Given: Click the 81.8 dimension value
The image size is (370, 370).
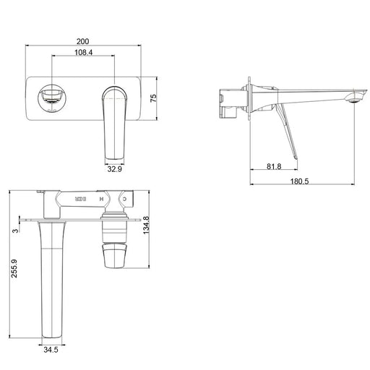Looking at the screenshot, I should pyautogui.click(x=274, y=167).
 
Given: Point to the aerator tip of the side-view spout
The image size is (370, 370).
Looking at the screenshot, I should pyautogui.click(x=354, y=98).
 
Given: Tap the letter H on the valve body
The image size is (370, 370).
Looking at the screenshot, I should pyautogui.click(x=100, y=197).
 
